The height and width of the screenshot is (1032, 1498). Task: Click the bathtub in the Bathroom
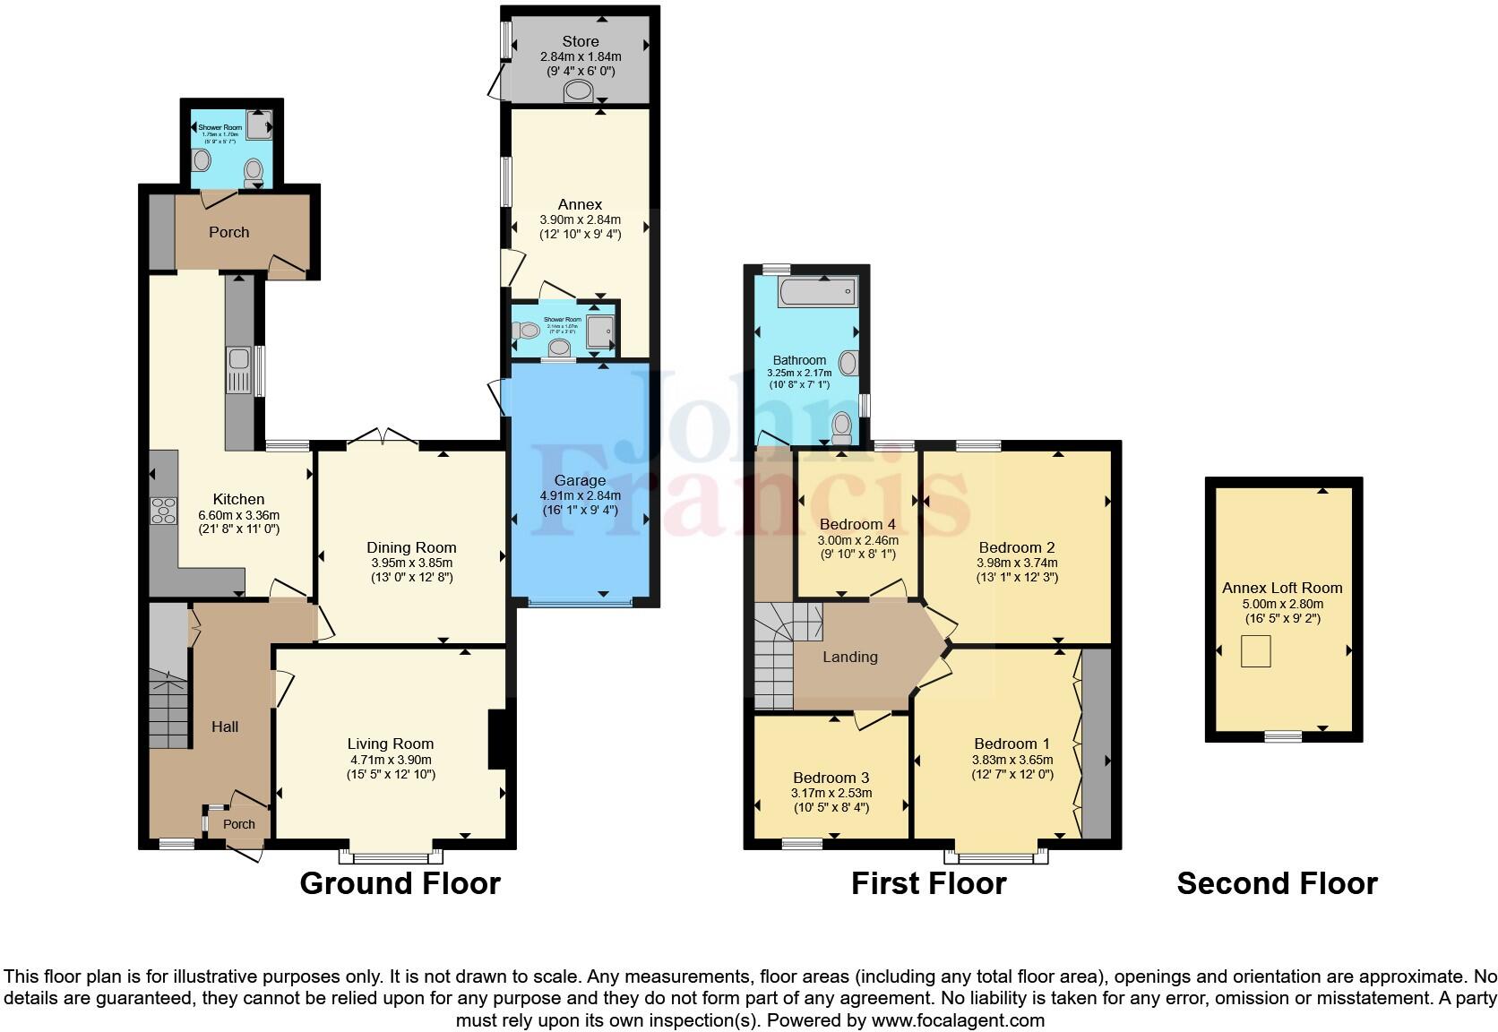pyautogui.click(x=817, y=292)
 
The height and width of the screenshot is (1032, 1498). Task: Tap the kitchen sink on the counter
pyautogui.click(x=238, y=372)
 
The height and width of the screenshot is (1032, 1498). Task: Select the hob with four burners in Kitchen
pyautogui.click(x=164, y=511)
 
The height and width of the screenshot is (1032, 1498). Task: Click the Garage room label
pyautogui.click(x=580, y=480)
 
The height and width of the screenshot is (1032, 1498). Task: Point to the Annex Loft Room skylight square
pyautogui.click(x=1256, y=651)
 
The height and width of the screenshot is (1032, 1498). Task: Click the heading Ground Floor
pyautogui.click(x=400, y=883)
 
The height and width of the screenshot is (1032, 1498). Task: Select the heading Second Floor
pyautogui.click(x=1277, y=883)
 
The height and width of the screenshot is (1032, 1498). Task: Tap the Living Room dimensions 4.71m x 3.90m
pyautogui.click(x=391, y=760)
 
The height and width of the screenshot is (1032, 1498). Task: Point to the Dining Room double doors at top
pyautogui.click(x=383, y=436)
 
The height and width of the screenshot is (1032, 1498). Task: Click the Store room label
pyautogui.click(x=581, y=41)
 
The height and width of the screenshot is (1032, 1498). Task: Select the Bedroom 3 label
pyautogui.click(x=831, y=778)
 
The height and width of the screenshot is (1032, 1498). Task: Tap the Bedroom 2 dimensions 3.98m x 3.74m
pyautogui.click(x=1017, y=563)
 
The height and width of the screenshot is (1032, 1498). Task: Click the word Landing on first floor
pyautogui.click(x=850, y=657)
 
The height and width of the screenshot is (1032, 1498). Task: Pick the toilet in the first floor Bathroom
pyautogui.click(x=841, y=429)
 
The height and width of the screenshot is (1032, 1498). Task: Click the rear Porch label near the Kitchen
pyautogui.click(x=229, y=232)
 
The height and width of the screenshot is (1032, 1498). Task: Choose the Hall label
pyautogui.click(x=225, y=727)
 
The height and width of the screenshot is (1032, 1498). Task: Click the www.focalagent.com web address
pyautogui.click(x=958, y=1019)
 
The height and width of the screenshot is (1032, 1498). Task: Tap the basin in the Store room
pyautogui.click(x=579, y=90)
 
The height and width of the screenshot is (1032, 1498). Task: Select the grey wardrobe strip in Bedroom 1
pyautogui.click(x=1097, y=744)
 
